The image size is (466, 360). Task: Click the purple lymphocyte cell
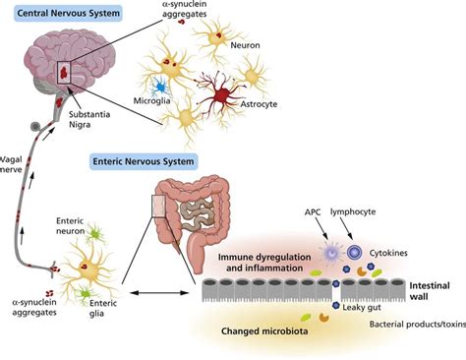[352, 254]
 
